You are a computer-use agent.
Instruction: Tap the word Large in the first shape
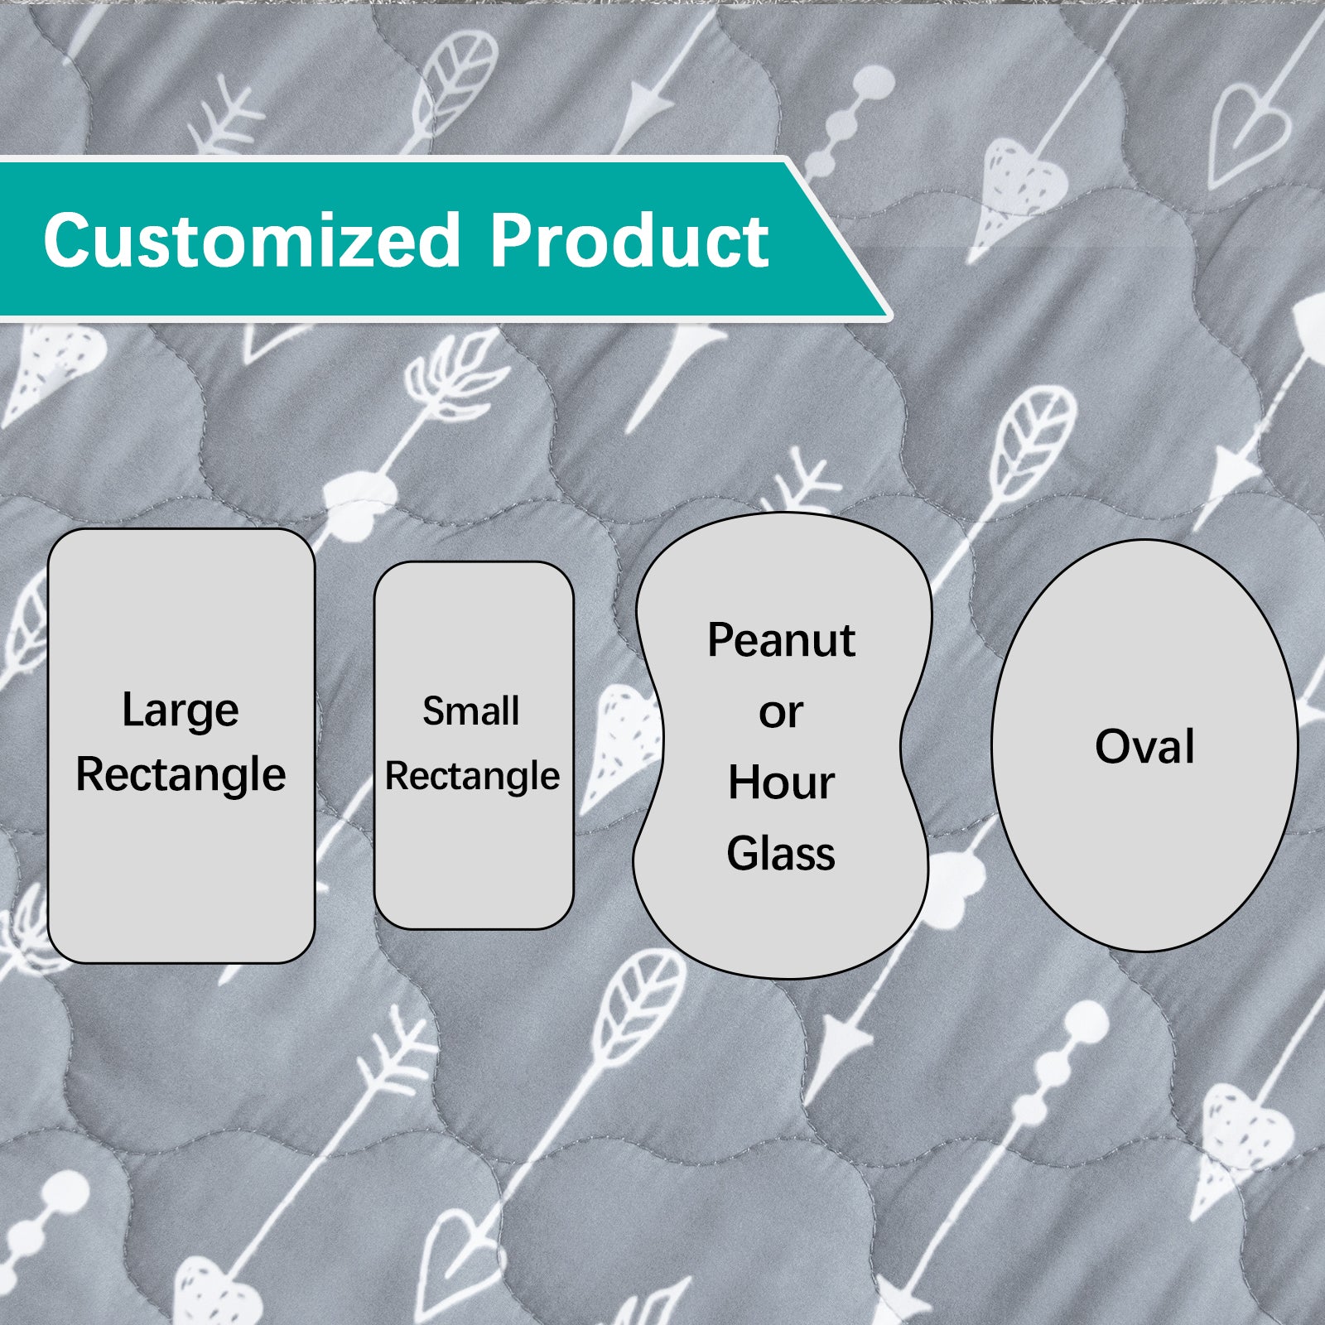(x=181, y=711)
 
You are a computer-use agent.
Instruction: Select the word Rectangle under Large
(x=181, y=775)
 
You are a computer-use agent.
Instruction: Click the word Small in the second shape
(x=471, y=711)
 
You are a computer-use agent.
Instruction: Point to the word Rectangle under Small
(x=472, y=777)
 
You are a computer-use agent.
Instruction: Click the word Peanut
(x=781, y=640)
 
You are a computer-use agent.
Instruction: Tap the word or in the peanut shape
(x=781, y=713)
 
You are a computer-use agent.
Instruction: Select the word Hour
(x=781, y=783)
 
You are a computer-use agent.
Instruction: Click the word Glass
(x=781, y=853)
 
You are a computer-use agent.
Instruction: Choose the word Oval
(x=1145, y=746)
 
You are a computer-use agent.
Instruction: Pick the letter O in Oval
(x=1114, y=746)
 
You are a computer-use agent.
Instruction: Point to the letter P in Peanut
(x=722, y=640)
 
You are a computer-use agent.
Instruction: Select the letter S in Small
(x=436, y=711)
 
